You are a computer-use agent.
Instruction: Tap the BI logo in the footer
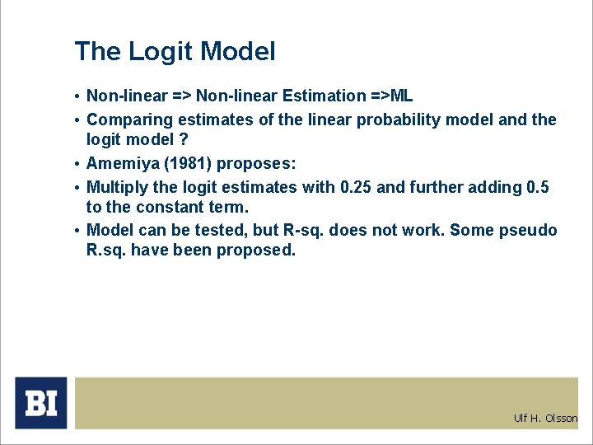pos(41,403)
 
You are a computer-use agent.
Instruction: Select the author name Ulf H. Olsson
pos(545,419)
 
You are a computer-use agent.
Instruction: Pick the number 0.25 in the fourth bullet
pos(356,187)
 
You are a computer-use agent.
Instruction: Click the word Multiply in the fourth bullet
pos(116,187)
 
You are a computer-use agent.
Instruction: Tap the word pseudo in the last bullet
pos(529,231)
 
